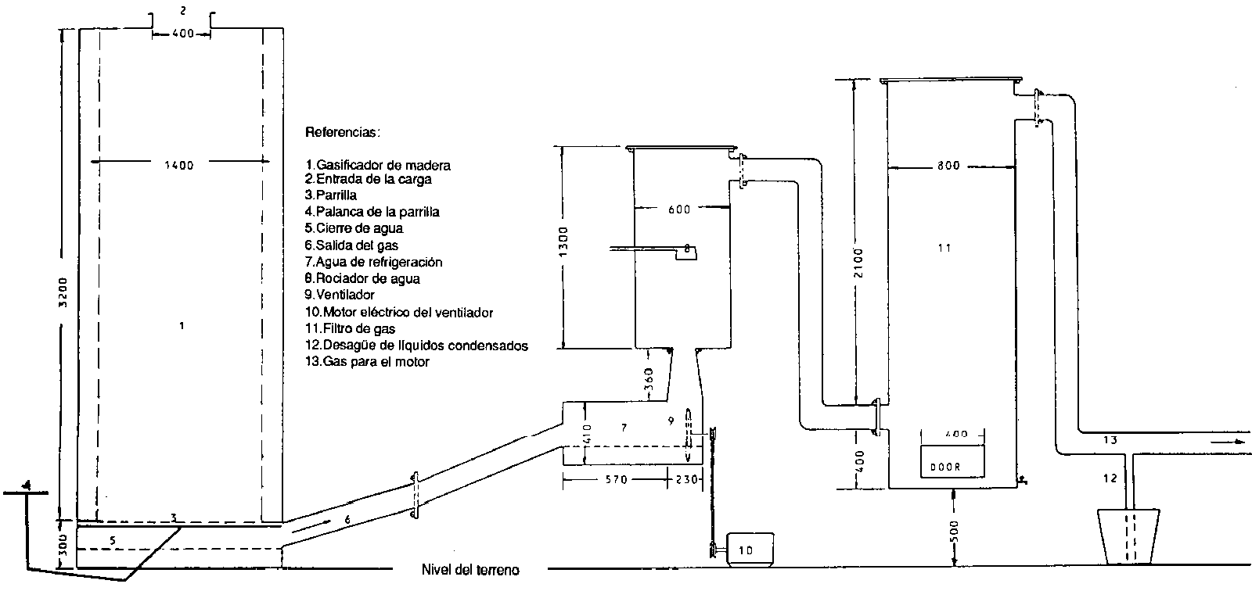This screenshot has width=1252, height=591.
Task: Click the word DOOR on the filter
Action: pyautogui.click(x=944, y=467)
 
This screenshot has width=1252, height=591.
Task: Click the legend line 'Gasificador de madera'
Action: pyautogui.click(x=379, y=165)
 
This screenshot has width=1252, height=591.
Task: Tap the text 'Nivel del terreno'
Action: pyautogui.click(x=469, y=569)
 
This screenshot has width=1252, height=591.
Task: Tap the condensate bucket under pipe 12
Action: pyautogui.click(x=1128, y=535)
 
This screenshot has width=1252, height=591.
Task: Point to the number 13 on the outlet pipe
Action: pyautogui.click(x=1110, y=440)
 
